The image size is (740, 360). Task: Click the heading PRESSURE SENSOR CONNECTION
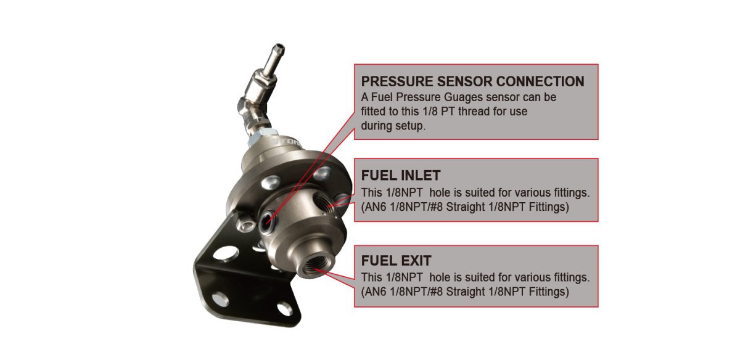tap(472, 81)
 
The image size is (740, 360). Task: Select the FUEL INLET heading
tap(401, 176)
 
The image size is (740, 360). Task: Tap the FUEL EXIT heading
tap(396, 261)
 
